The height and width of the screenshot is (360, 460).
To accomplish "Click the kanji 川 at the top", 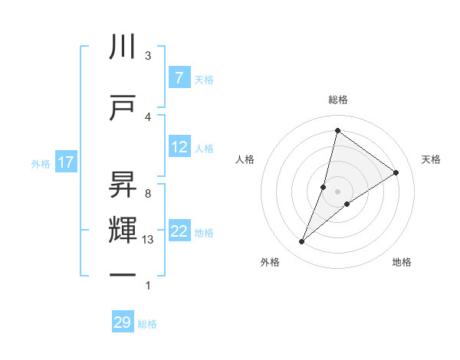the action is (x=123, y=47).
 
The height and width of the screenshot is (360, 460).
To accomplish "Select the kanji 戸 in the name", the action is (x=123, y=108).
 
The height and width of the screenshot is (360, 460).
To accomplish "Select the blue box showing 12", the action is (x=179, y=147).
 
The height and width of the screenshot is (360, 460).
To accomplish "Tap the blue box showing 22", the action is (x=179, y=232).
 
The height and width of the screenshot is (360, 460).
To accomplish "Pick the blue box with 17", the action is (x=65, y=162).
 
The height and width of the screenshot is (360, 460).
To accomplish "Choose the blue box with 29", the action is (x=122, y=322).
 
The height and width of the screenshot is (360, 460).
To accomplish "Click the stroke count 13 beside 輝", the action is (x=149, y=240).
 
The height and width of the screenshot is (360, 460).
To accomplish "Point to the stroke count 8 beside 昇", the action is (x=148, y=194).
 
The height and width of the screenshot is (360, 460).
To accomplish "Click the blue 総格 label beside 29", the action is (x=147, y=324).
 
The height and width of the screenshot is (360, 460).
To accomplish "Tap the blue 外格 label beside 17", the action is (x=41, y=163).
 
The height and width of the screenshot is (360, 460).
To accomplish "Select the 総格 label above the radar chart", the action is (x=337, y=100).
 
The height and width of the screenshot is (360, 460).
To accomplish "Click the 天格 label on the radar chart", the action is (x=431, y=159).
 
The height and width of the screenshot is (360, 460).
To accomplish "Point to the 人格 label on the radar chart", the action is (x=245, y=159).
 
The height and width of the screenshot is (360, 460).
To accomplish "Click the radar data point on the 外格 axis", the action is (x=302, y=242).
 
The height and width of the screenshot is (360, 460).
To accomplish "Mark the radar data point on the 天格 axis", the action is (x=396, y=172).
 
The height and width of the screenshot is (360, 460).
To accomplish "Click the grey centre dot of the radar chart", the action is (x=337, y=191).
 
